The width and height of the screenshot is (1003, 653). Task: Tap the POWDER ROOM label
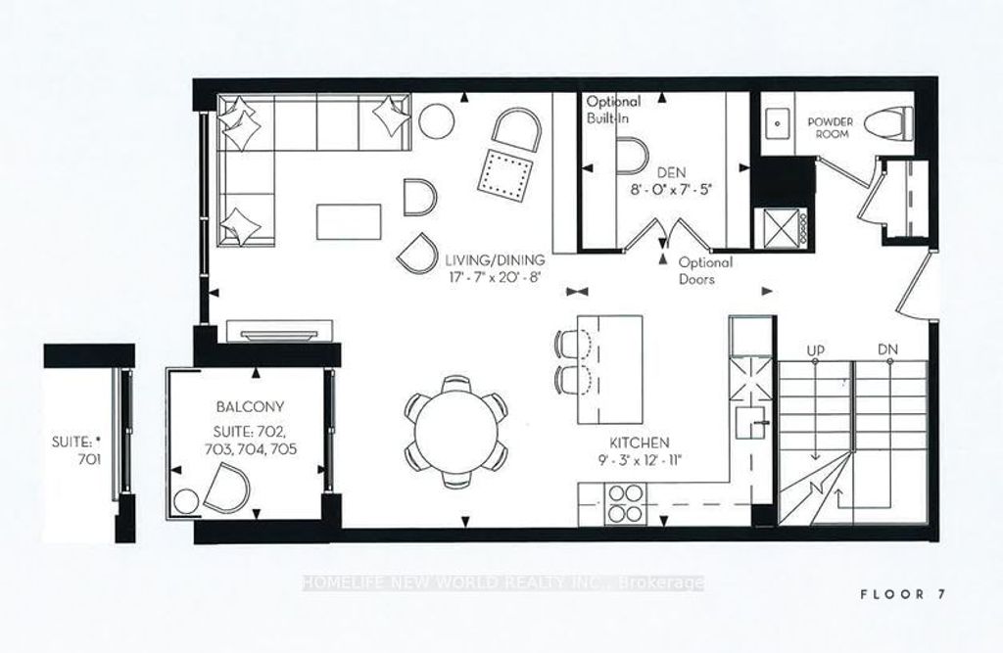point(830,127)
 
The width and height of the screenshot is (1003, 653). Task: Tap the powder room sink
point(782,123)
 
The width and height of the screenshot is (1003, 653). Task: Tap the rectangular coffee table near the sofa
point(348,219)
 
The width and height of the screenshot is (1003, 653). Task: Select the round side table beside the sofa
point(438,122)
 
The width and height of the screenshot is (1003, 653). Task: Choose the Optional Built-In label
point(613,109)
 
